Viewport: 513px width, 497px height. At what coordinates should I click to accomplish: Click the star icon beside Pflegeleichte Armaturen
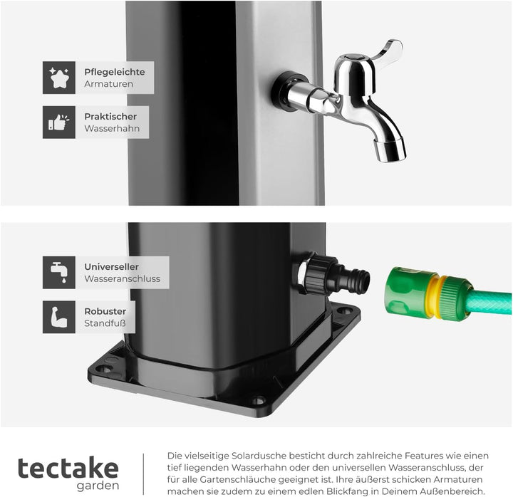59,78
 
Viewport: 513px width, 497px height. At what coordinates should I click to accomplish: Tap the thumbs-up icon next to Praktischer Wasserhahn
59,122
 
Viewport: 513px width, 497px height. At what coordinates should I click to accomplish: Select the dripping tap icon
59,272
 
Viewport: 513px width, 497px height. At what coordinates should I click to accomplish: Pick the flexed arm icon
59,317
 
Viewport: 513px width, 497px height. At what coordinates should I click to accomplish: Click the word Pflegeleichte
115,72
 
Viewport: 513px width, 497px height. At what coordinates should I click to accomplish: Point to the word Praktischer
110,116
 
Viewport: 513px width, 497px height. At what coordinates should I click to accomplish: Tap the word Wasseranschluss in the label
122,278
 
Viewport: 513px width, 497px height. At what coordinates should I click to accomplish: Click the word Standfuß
105,323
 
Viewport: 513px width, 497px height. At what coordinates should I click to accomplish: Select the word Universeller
112,266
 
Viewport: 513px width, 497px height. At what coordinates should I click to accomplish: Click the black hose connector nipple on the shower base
355,280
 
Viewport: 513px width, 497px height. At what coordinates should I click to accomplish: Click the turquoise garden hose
489,303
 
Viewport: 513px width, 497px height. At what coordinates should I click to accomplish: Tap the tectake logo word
68,468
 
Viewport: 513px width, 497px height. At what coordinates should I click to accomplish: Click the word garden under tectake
98,486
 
